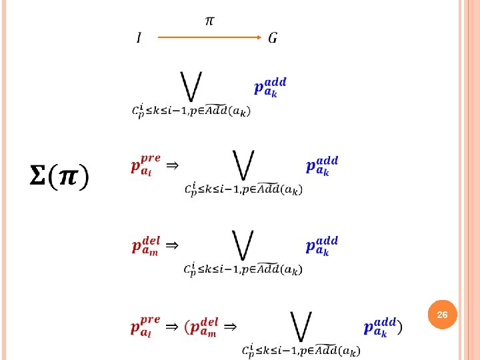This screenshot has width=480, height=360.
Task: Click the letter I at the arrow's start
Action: point(139,38)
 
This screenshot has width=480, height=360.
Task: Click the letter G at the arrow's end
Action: point(273,38)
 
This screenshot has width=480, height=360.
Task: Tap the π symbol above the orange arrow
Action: point(209,21)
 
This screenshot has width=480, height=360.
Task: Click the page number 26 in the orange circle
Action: point(442,313)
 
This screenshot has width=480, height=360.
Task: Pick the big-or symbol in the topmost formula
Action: point(191,87)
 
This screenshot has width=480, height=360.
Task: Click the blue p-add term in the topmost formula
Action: point(270,87)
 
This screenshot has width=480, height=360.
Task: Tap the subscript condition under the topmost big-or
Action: point(191,110)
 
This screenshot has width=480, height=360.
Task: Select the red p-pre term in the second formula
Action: point(145,165)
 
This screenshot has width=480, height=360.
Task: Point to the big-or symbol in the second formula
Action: point(243,165)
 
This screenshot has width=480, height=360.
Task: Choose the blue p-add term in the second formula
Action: point(322,166)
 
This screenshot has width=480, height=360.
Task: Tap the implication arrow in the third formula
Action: point(171,245)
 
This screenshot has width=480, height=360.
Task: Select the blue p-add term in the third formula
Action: point(322,246)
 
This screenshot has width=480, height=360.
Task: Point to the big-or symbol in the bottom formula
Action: point(301,326)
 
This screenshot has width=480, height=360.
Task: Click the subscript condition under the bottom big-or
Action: point(301,349)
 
